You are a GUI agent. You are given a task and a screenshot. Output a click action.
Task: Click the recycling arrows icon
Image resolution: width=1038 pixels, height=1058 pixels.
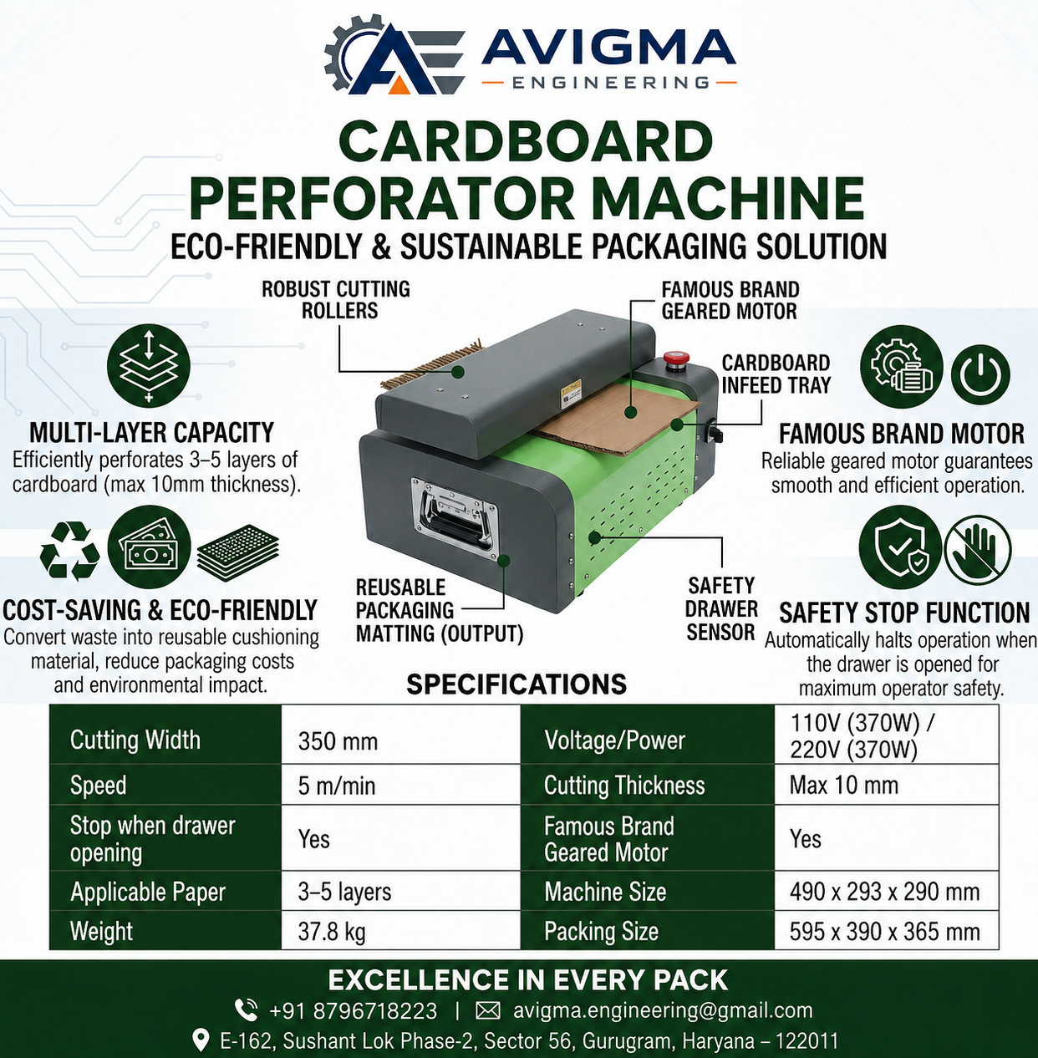click(69, 551)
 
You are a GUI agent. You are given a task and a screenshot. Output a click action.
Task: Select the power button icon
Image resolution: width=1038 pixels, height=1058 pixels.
click(980, 374)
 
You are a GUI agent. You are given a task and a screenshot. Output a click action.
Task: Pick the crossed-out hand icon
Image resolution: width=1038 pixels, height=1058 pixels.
click(978, 549)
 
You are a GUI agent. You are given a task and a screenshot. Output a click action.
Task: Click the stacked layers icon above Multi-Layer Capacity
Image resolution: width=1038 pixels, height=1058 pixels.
click(148, 365)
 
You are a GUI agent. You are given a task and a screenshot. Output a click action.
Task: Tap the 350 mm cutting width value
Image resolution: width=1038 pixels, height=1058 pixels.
click(338, 741)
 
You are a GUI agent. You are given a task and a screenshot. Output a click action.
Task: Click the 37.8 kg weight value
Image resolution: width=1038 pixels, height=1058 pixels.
click(332, 931)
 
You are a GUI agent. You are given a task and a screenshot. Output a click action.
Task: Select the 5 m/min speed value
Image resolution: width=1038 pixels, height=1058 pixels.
click(337, 786)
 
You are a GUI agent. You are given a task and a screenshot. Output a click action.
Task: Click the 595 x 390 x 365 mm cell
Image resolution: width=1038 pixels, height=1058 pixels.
click(885, 931)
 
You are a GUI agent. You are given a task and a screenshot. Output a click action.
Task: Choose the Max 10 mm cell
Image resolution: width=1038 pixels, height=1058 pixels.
click(843, 785)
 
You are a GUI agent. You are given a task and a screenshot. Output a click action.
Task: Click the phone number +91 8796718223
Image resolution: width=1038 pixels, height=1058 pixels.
click(354, 1010)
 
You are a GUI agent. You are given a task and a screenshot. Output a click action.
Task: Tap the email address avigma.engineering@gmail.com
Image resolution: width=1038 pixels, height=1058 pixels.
click(663, 1010)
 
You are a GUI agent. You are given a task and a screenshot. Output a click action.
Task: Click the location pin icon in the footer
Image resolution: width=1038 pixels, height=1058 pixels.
click(201, 1040)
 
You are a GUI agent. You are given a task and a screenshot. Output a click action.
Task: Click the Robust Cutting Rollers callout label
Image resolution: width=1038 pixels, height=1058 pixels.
click(336, 300)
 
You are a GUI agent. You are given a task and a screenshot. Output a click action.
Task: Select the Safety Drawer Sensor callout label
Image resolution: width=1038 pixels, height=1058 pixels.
click(721, 609)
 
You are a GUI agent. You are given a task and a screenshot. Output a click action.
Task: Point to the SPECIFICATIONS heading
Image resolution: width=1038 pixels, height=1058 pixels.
click(516, 684)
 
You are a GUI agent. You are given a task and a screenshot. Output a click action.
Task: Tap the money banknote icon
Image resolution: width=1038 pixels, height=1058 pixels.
click(149, 547)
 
